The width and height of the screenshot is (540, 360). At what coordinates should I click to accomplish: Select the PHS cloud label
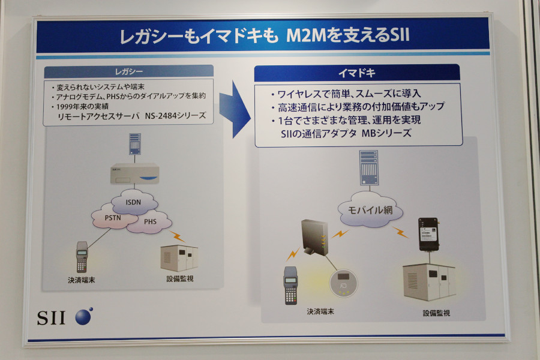click(149, 221)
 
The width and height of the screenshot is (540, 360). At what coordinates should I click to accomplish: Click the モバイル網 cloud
click(367, 211)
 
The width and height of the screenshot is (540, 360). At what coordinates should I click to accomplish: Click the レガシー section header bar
click(129, 71)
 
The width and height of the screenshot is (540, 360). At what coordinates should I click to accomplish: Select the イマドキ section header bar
click(357, 73)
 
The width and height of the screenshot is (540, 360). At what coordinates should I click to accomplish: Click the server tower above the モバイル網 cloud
click(368, 168)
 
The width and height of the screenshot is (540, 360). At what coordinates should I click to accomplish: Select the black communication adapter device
click(428, 235)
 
